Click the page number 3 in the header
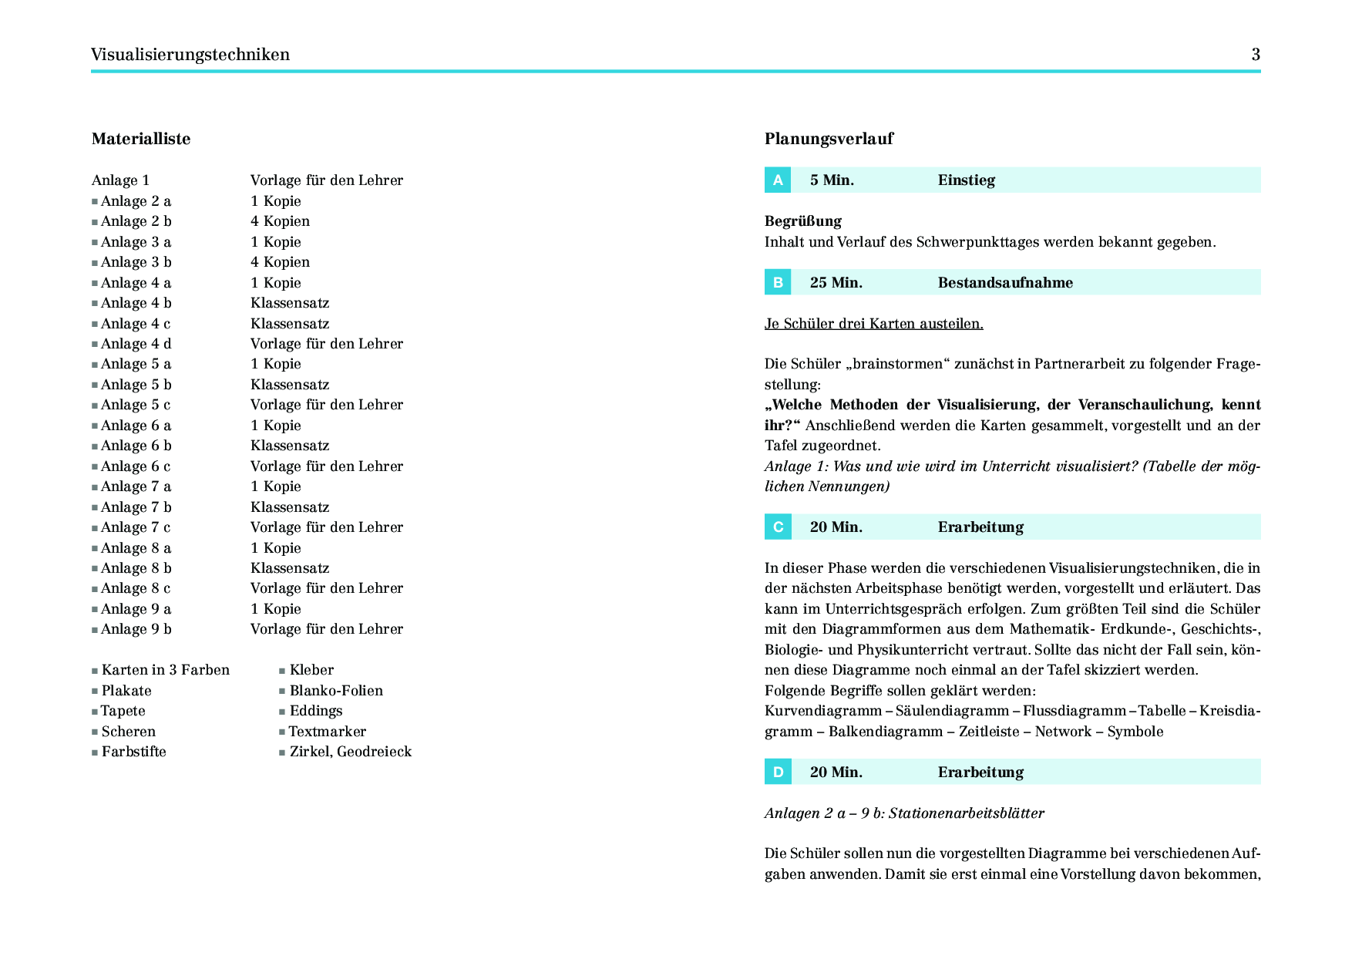(1256, 55)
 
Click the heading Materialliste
(141, 139)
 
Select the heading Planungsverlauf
(829, 139)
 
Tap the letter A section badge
(778, 180)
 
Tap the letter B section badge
(778, 283)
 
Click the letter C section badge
(778, 527)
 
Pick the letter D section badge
(778, 773)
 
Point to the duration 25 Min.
(836, 283)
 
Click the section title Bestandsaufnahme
(1005, 283)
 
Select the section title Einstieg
(967, 180)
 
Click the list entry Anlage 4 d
(136, 344)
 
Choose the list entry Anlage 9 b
(136, 629)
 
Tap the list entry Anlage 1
(120, 180)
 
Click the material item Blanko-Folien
(336, 691)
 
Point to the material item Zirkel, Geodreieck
(351, 752)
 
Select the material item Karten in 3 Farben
(166, 670)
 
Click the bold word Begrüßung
(803, 221)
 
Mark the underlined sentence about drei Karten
(873, 324)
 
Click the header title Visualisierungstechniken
(190, 55)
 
